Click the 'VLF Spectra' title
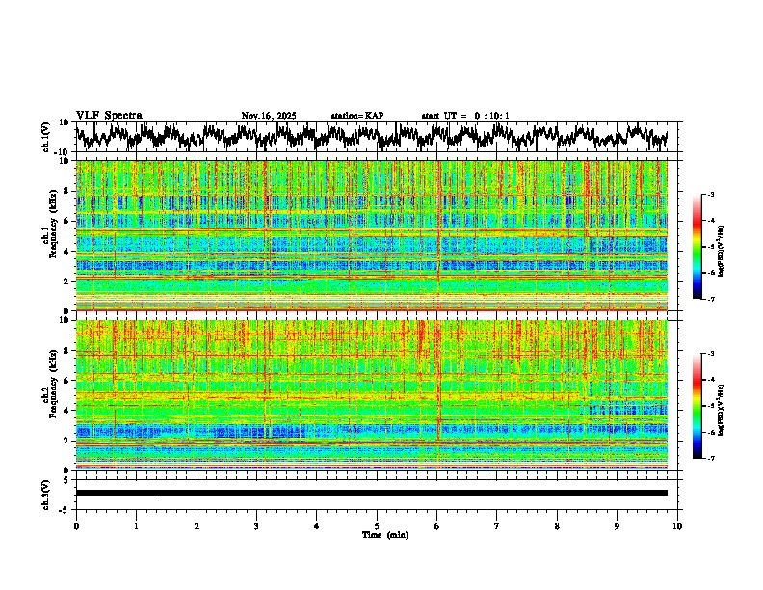click(109, 115)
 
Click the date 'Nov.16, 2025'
click(269, 116)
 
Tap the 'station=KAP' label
click(356, 116)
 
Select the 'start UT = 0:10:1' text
click(465, 116)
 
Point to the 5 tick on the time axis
click(377, 525)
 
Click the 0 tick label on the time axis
click(76, 525)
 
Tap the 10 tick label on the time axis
click(677, 525)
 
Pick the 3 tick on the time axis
click(256, 525)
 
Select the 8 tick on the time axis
click(557, 525)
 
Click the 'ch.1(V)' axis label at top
click(46, 137)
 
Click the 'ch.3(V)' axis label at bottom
click(46, 492)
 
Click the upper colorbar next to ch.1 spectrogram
click(697, 247)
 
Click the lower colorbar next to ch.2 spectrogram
click(697, 406)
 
